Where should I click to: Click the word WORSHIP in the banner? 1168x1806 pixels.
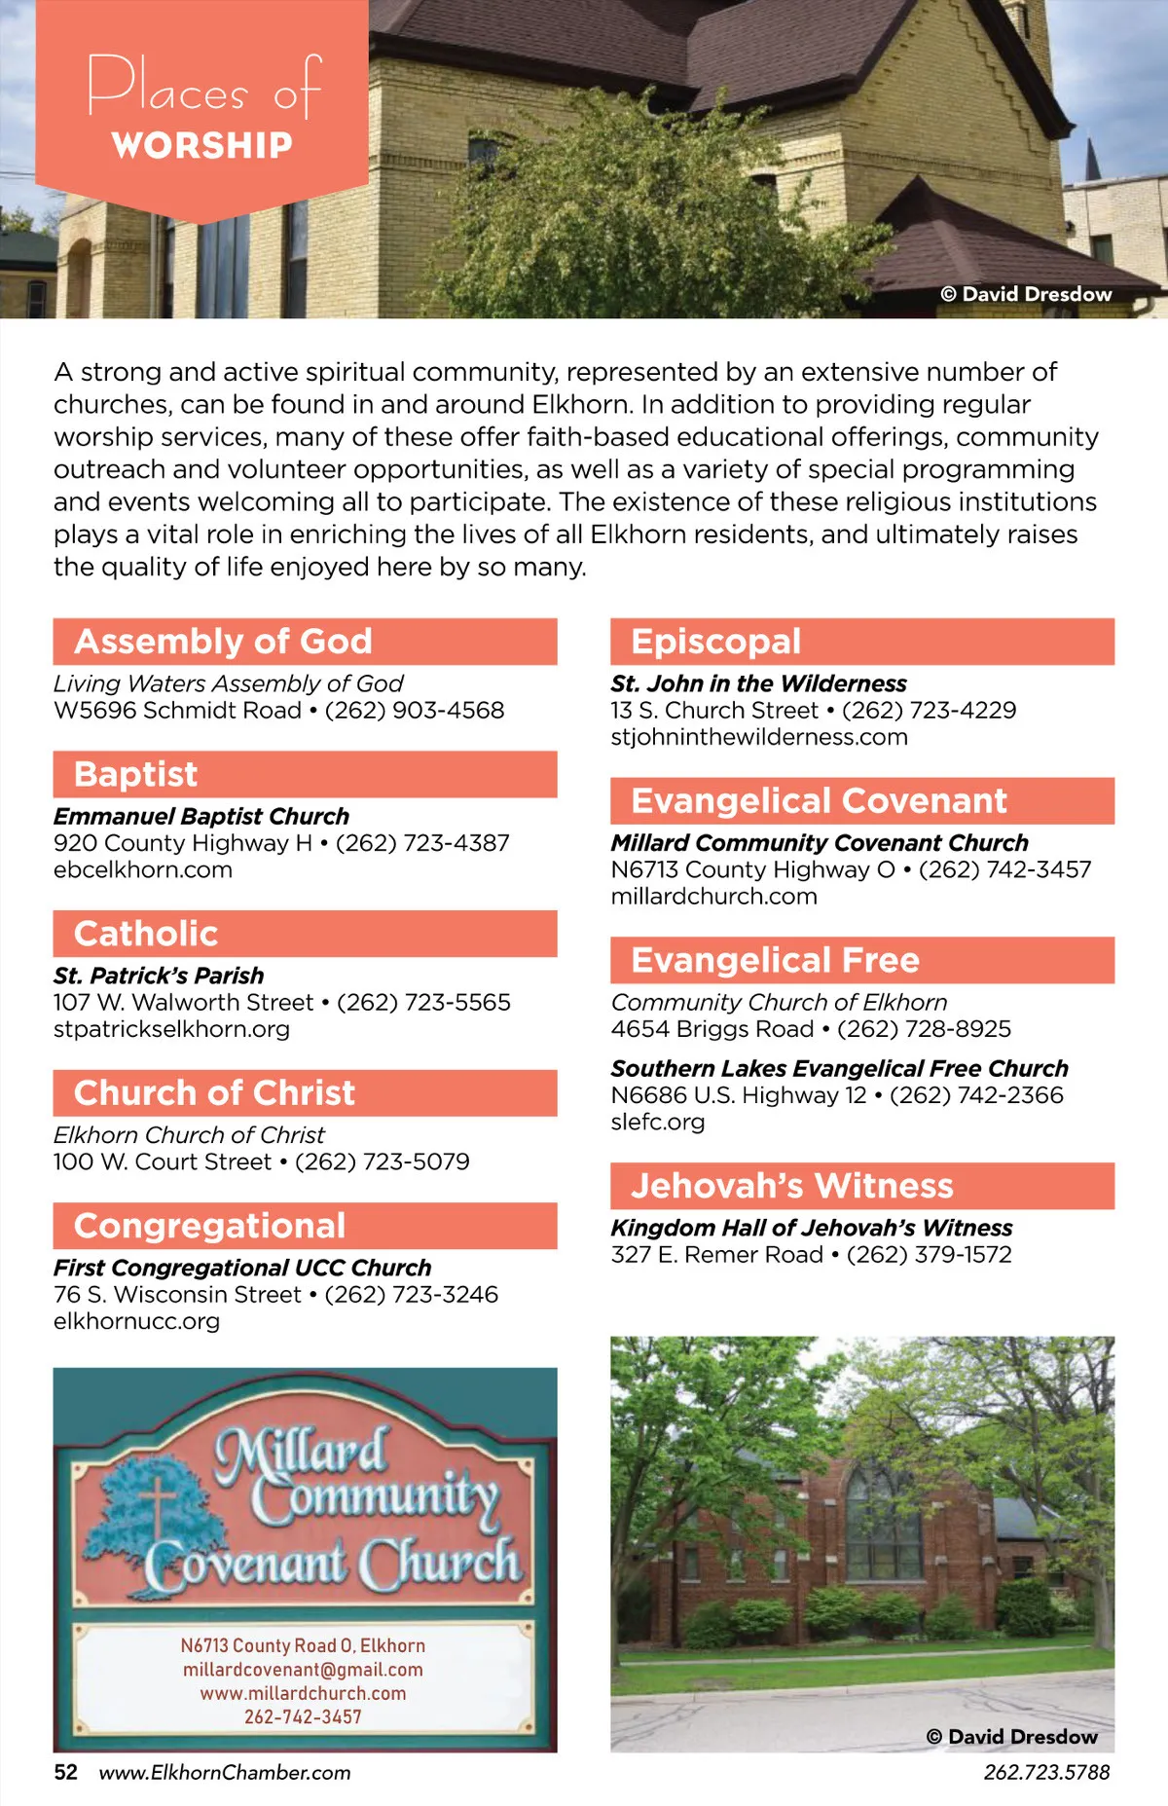click(x=201, y=145)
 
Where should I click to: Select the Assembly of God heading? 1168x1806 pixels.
click(x=223, y=642)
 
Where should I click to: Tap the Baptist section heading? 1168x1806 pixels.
click(x=135, y=774)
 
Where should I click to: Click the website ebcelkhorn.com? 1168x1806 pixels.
click(x=143, y=869)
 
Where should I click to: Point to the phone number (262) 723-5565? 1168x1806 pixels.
click(x=423, y=1002)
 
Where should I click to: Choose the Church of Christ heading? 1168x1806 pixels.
click(x=214, y=1092)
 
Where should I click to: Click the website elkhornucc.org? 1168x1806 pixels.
click(x=136, y=1321)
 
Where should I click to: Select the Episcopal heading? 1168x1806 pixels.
click(x=715, y=642)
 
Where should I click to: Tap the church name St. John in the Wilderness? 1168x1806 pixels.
click(x=758, y=683)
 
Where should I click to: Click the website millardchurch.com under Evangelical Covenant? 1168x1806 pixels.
click(x=713, y=896)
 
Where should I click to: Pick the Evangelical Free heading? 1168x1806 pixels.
click(x=775, y=960)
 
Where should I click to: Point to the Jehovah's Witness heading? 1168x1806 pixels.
click(x=791, y=1186)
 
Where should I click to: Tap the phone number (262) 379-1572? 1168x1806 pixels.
click(x=929, y=1254)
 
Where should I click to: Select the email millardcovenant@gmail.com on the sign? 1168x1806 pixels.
click(x=303, y=1670)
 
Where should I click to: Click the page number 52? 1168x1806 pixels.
click(x=65, y=1772)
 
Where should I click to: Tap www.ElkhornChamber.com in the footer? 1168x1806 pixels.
click(x=225, y=1772)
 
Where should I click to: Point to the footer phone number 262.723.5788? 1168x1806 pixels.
click(x=1046, y=1772)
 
